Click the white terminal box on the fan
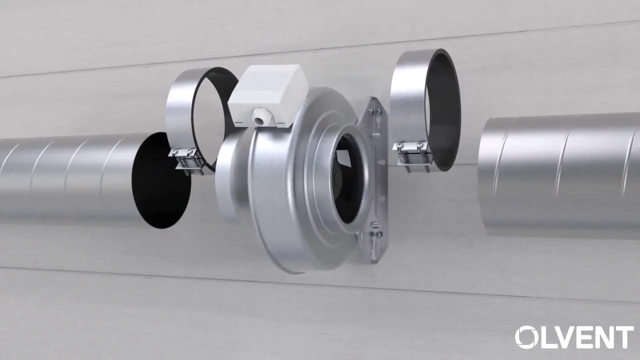click(x=268, y=95)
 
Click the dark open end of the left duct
click(x=160, y=180)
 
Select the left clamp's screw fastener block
click(x=187, y=161)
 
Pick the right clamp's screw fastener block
click(x=411, y=155)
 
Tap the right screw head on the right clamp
click(x=419, y=145)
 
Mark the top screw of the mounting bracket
click(x=378, y=110)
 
